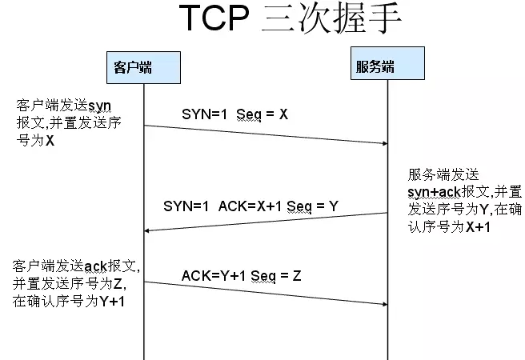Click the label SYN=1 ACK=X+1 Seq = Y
pyautogui.click(x=250, y=206)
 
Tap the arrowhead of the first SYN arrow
pyautogui.click(x=383, y=143)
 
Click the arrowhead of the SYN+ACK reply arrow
pyautogui.click(x=149, y=230)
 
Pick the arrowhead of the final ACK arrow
pyautogui.click(x=383, y=304)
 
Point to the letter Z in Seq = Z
pyautogui.click(x=296, y=276)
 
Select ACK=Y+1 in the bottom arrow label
pyautogui.click(x=214, y=276)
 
